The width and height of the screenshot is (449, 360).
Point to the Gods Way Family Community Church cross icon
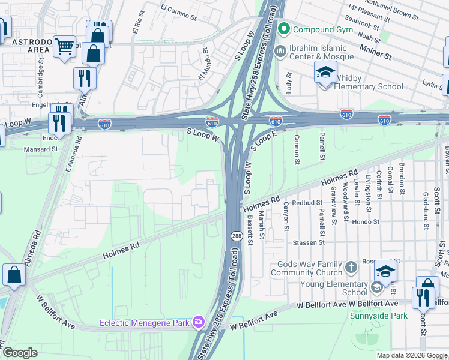tap(352, 265)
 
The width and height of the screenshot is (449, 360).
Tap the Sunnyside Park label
tap(379, 316)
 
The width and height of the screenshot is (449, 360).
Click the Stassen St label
tap(309, 243)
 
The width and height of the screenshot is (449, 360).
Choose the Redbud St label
tap(307, 203)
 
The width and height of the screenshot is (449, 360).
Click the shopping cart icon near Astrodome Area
tap(64, 46)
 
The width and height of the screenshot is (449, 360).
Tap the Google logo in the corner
tap(20, 353)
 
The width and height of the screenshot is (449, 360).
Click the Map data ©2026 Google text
tap(411, 355)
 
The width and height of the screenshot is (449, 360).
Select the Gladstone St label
tap(425, 211)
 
